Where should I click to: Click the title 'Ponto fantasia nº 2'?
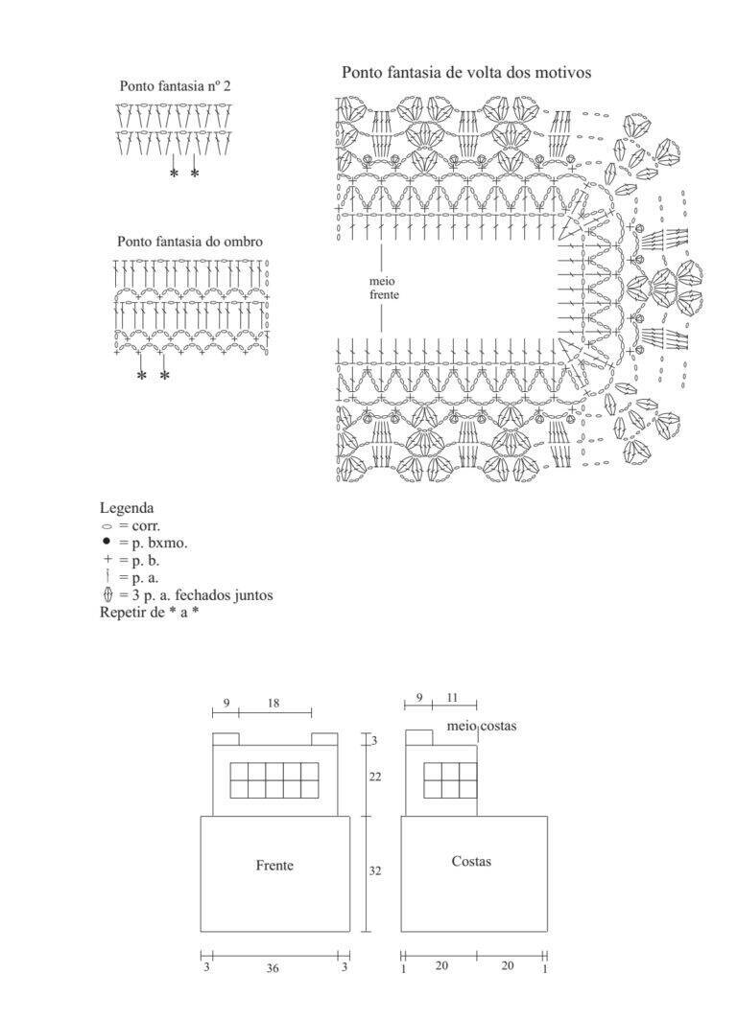click(176, 86)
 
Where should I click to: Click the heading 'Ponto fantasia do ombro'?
click(190, 242)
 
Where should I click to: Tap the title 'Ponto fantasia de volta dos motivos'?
click(466, 72)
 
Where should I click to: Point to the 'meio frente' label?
click(384, 289)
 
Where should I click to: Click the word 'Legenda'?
click(127, 508)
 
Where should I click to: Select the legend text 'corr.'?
click(145, 526)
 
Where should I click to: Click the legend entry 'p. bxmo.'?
click(159, 544)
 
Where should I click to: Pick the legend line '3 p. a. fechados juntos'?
click(202, 595)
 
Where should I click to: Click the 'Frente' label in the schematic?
click(274, 865)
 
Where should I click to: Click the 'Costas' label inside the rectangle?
click(471, 861)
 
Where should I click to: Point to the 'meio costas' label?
click(482, 726)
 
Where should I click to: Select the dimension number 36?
click(273, 968)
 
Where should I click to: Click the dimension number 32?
click(375, 870)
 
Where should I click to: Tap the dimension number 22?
click(375, 777)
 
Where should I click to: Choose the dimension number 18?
click(273, 704)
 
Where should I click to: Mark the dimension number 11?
click(453, 698)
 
